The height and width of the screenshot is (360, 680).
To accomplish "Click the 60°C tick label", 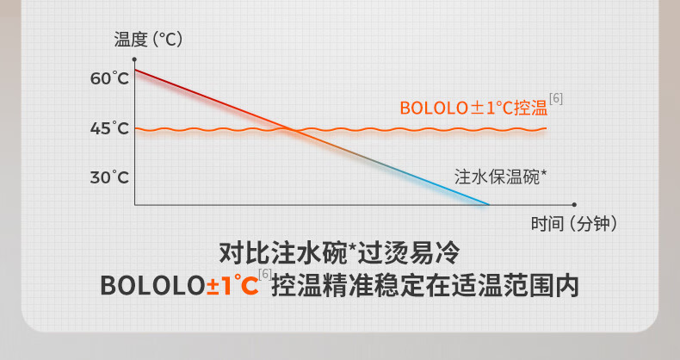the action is pyautogui.click(x=109, y=78).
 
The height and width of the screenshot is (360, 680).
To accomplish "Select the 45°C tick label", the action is pyautogui.click(x=109, y=128).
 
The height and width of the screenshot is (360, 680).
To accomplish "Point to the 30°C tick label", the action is pyautogui.click(x=109, y=177).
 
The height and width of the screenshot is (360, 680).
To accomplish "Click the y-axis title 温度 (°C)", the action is pyautogui.click(x=148, y=40).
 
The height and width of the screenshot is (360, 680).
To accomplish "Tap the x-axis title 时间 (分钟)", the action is pyautogui.click(x=574, y=224).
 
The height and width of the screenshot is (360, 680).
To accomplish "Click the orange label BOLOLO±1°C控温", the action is pyautogui.click(x=473, y=108).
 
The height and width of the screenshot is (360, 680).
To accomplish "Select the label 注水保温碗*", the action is pyautogui.click(x=500, y=177).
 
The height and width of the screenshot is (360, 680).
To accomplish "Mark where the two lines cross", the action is pyautogui.click(x=294, y=130).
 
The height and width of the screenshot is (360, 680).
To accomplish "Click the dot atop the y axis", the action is pyautogui.click(x=134, y=59).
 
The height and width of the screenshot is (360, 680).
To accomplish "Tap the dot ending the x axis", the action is pyautogui.click(x=574, y=205).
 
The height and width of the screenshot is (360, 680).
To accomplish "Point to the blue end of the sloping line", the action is pyautogui.click(x=489, y=204).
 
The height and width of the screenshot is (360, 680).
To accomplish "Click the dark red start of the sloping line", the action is pyautogui.click(x=135, y=70).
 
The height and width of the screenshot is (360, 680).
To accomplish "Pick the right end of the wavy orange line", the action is pyautogui.click(x=546, y=129).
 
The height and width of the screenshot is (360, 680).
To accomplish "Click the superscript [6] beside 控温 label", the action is pyautogui.click(x=556, y=98).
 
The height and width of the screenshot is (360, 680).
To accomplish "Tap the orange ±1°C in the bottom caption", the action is pyautogui.click(x=232, y=285).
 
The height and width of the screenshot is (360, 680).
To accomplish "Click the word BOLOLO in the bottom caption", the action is pyautogui.click(x=153, y=286).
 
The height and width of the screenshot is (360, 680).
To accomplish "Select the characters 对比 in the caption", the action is pyautogui.click(x=244, y=253).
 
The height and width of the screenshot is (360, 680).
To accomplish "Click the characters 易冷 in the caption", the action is pyautogui.click(x=434, y=253).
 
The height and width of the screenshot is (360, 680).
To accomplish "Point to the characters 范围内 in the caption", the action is pyautogui.click(x=541, y=286).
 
